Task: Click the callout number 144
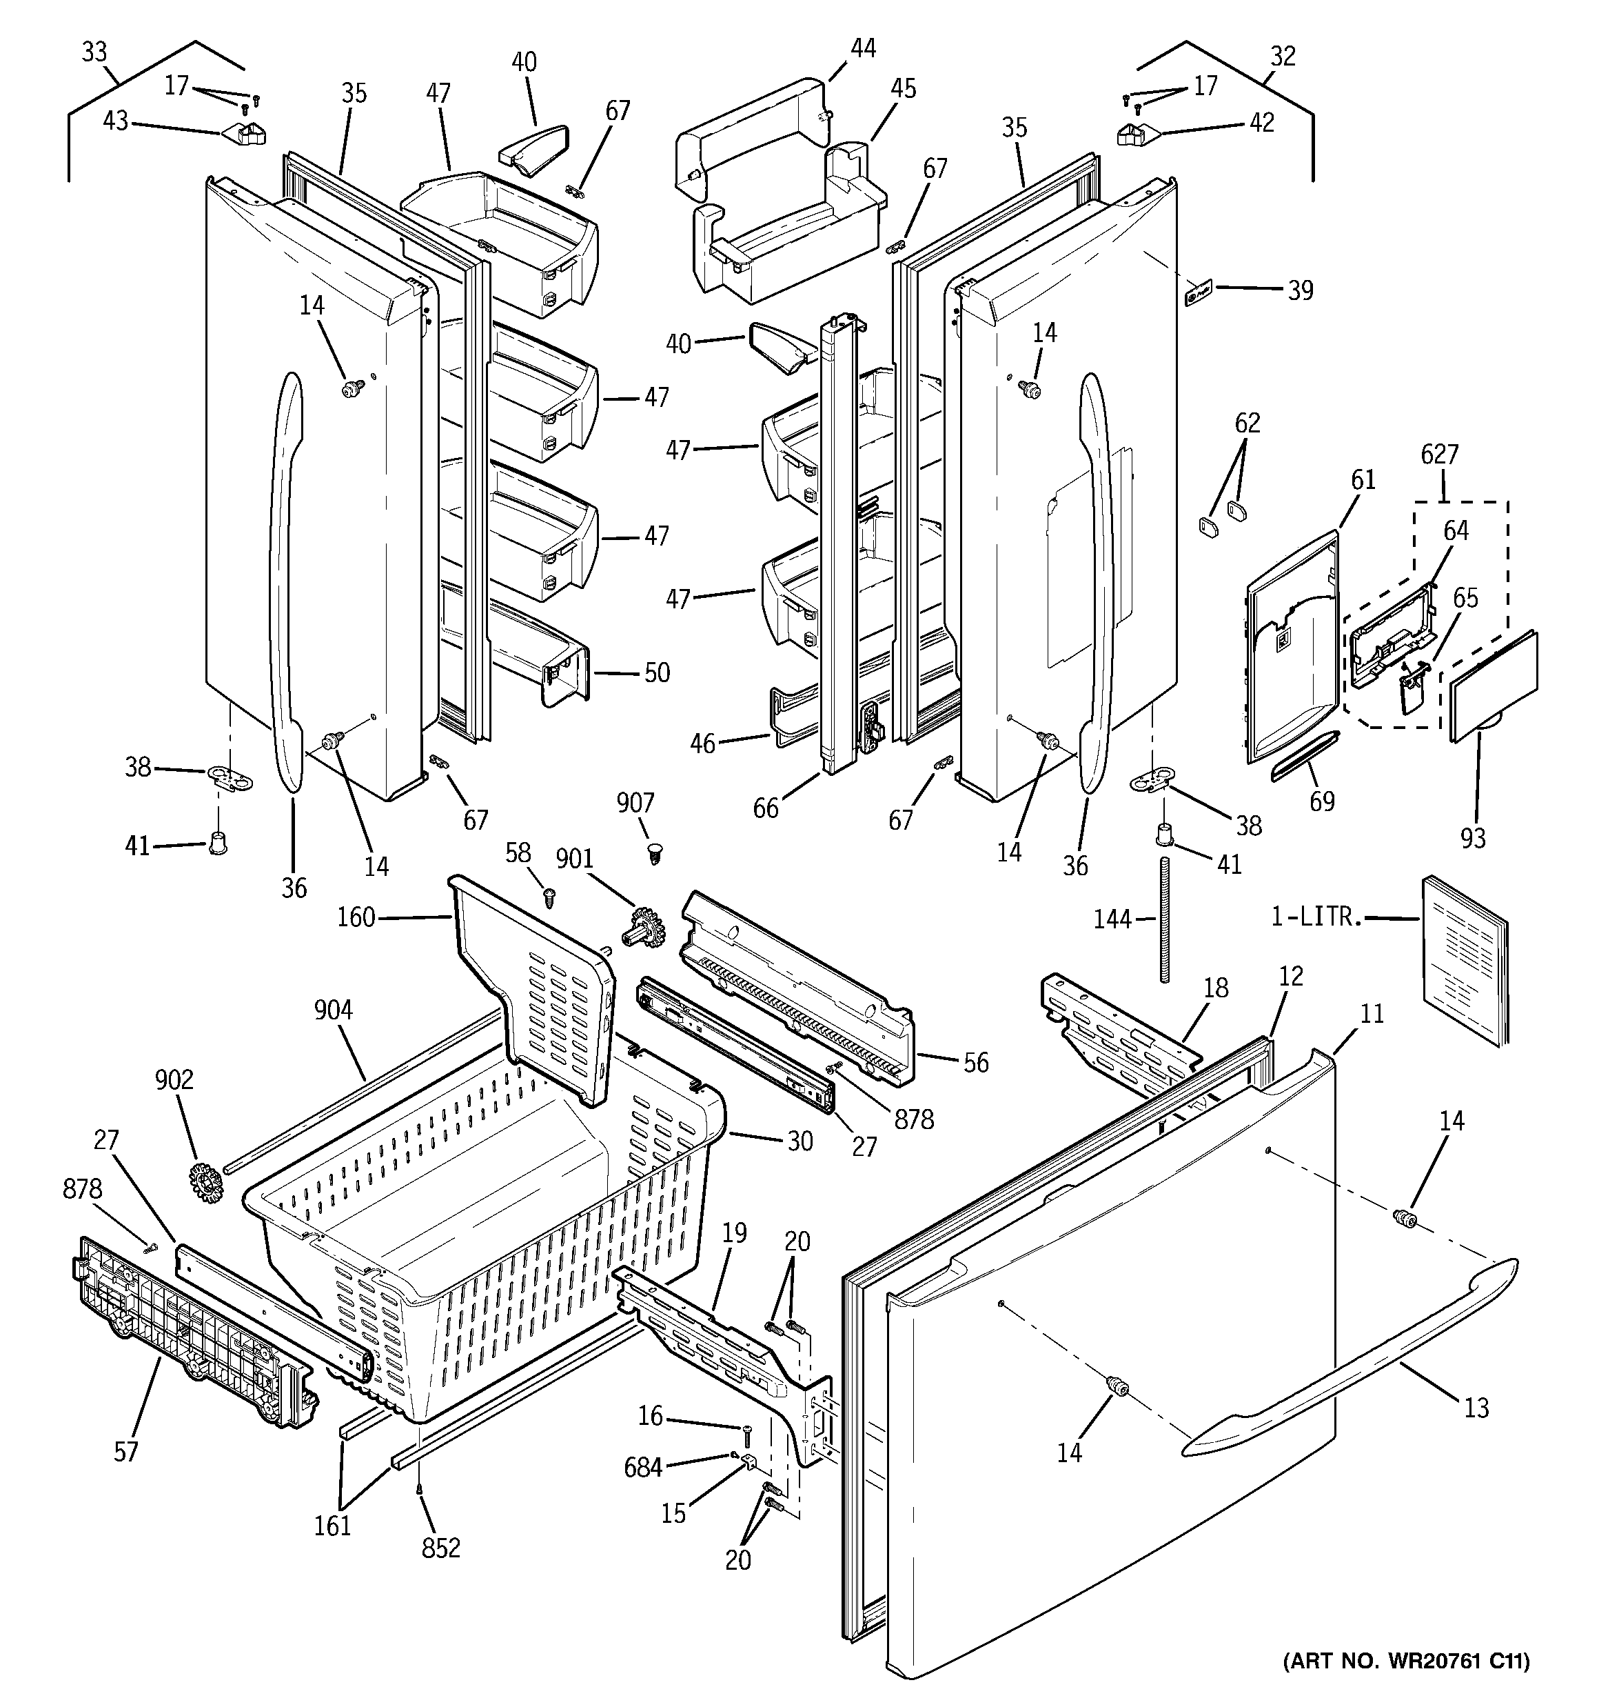click(x=1112, y=919)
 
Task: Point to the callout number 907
click(x=635, y=803)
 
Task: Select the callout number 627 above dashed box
click(x=1439, y=455)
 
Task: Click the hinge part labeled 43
click(x=245, y=133)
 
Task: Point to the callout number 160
click(x=356, y=918)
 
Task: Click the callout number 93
click(x=1473, y=837)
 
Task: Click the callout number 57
click(x=126, y=1451)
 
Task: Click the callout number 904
click(x=333, y=1010)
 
